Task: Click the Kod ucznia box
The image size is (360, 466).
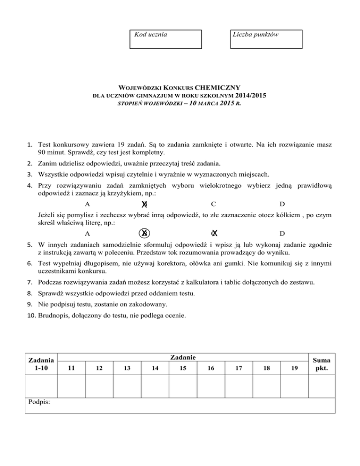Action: click(x=165, y=39)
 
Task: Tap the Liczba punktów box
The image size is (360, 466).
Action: click(x=266, y=39)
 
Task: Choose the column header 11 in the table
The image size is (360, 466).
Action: click(x=71, y=368)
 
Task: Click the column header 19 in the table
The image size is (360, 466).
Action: click(x=293, y=368)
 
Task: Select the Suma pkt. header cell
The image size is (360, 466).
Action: click(x=323, y=364)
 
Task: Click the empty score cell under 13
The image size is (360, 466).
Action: click(x=127, y=386)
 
